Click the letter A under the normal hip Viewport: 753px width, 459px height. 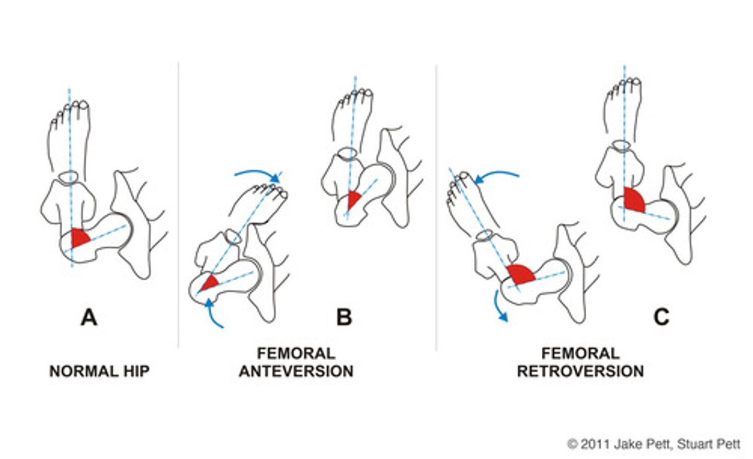click(x=89, y=317)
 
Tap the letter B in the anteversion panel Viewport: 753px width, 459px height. click(x=344, y=317)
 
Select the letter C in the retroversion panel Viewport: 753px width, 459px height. click(x=661, y=317)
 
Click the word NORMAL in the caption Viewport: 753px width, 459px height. click(x=80, y=371)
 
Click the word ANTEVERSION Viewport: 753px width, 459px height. click(x=296, y=371)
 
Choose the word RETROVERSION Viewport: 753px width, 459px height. click(x=580, y=371)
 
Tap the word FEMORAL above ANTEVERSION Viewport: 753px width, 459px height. click(x=296, y=353)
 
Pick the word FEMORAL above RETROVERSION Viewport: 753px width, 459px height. click(x=580, y=353)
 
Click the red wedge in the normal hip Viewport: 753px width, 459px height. click(x=79, y=238)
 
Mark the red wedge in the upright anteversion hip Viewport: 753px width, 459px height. click(x=353, y=199)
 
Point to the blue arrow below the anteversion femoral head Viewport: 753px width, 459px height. click(x=214, y=314)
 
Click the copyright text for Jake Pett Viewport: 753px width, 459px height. click(x=654, y=444)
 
